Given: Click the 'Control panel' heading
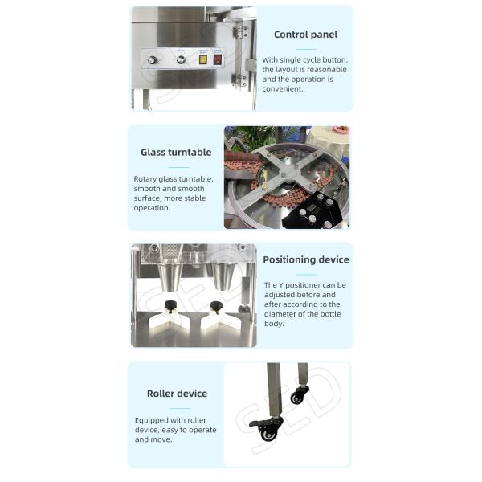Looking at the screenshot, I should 305,35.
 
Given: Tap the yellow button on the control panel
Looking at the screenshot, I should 202,59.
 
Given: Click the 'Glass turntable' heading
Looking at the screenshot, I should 176,152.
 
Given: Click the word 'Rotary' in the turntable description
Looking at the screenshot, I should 147,178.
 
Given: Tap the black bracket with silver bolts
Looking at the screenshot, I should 318,207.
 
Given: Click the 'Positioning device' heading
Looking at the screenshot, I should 305,259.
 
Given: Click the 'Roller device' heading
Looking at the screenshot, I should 177,394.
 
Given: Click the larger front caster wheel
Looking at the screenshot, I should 268,433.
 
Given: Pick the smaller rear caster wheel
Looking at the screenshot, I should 298,397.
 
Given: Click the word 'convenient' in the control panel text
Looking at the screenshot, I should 283,89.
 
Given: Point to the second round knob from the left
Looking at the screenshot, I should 181,59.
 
